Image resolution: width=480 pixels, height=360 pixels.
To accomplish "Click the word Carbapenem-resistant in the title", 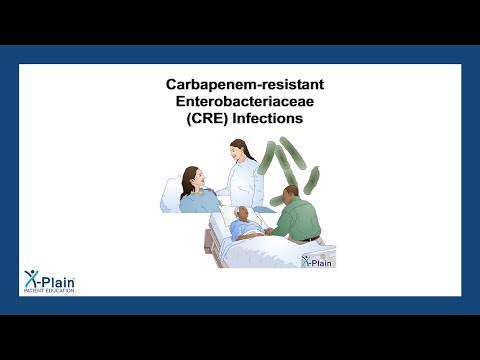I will [240, 86].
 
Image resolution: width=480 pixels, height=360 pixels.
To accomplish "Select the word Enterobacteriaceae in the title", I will [240, 102].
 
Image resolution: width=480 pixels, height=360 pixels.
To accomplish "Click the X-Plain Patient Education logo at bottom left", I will [47, 282].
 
